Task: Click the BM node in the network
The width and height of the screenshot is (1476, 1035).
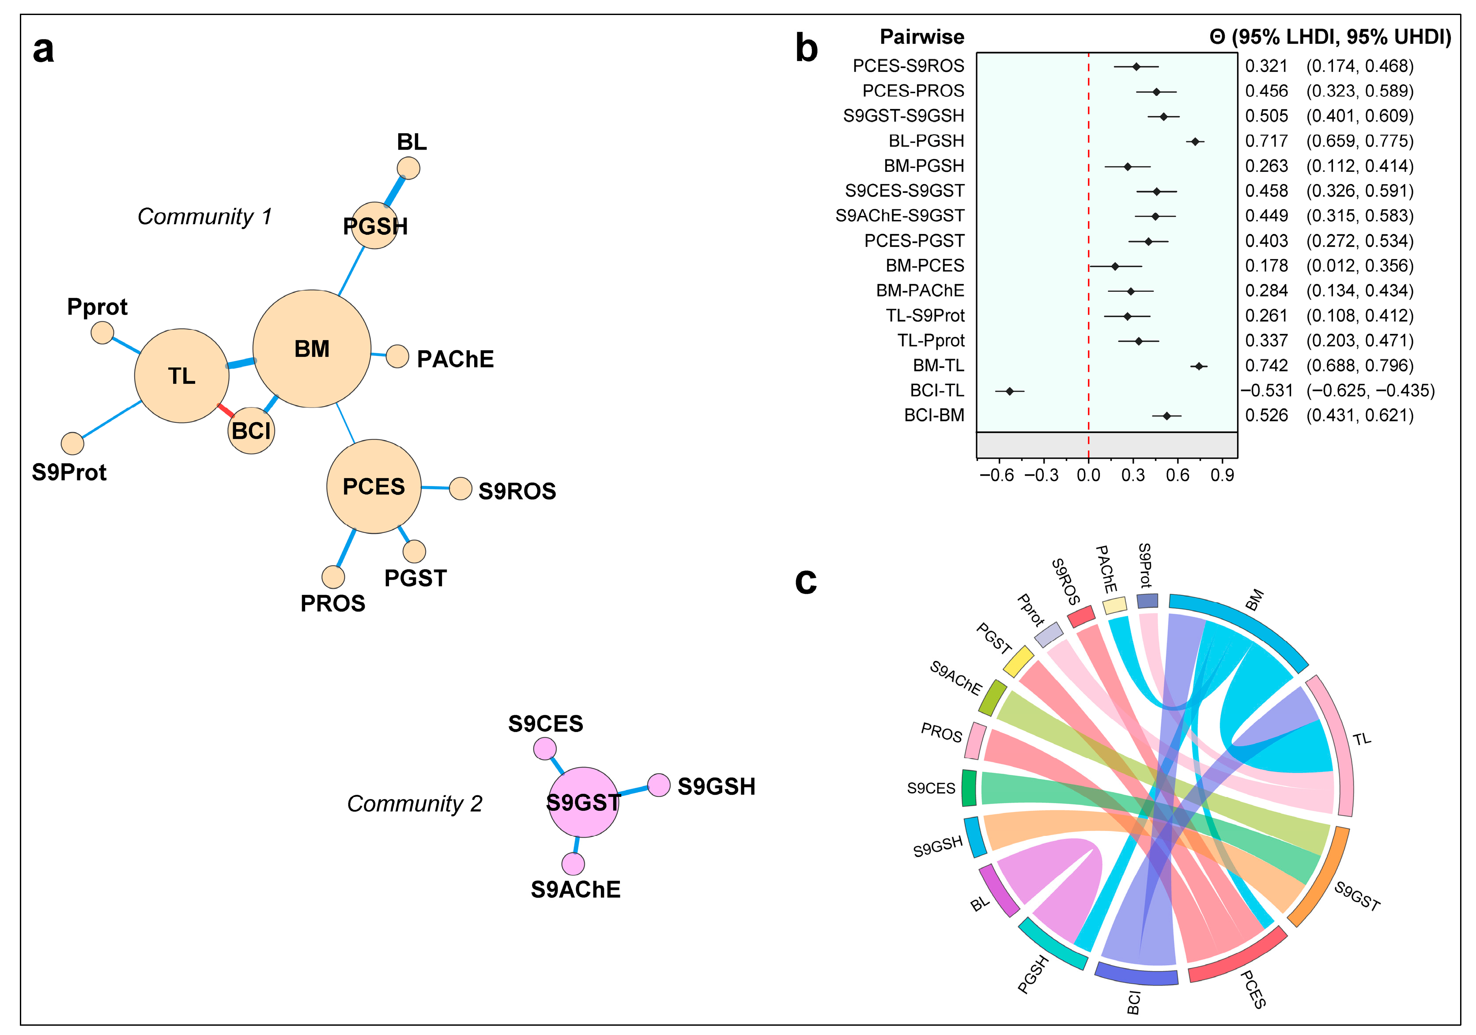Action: point(312,348)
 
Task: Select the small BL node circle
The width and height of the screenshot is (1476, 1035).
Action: point(408,168)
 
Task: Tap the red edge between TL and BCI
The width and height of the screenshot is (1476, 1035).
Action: point(225,409)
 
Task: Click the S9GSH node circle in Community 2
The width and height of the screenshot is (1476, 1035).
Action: point(659,785)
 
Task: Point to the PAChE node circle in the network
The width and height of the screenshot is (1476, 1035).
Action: point(397,356)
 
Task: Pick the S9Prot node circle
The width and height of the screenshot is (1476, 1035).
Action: point(73,443)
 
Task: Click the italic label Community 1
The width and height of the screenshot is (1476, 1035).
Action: point(204,217)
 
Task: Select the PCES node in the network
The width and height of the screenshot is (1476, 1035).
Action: point(374,487)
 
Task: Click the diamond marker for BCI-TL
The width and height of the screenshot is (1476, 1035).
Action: point(1009,391)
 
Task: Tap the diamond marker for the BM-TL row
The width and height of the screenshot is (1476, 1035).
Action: point(1198,366)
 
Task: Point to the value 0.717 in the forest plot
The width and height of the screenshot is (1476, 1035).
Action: point(1266,141)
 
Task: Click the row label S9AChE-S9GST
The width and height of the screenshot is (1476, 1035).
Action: point(899,215)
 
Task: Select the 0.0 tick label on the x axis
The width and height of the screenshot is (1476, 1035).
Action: point(1088,475)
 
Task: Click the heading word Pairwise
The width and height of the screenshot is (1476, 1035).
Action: point(922,37)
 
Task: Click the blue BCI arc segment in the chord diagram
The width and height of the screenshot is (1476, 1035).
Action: point(1136,974)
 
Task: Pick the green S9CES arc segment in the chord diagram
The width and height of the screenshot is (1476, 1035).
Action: point(969,787)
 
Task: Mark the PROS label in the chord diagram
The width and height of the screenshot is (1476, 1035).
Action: point(941,732)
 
